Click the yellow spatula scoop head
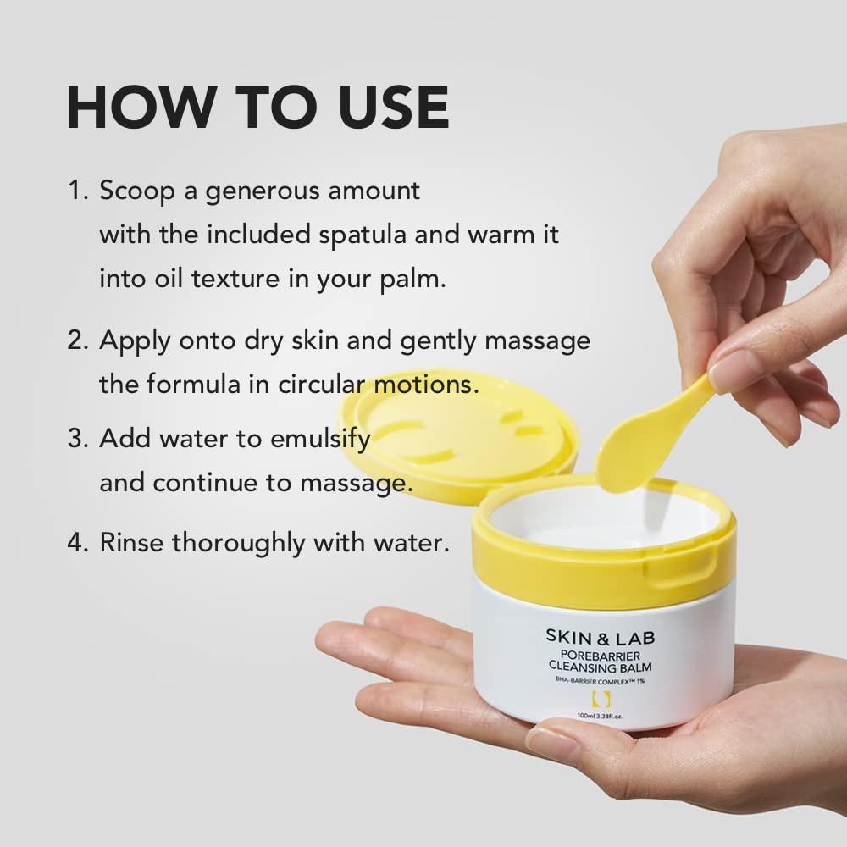pyautogui.click(x=623, y=453)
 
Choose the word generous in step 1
pyautogui.click(x=245, y=191)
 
